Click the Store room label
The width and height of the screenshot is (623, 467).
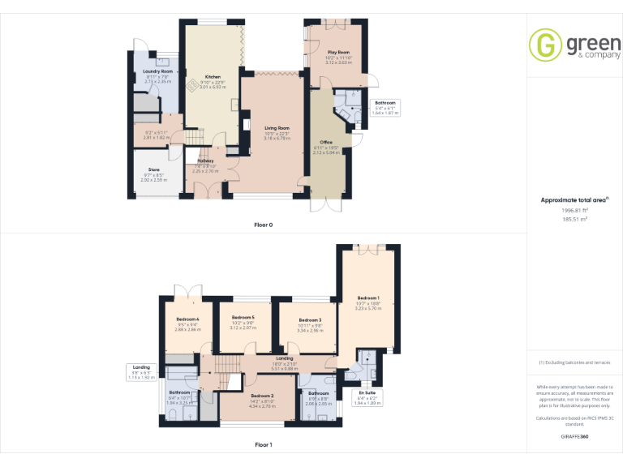click(x=154, y=169)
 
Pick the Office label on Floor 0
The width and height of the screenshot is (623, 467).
click(x=326, y=142)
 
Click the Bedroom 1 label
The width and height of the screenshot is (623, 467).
click(x=367, y=298)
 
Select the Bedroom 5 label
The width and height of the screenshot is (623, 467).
click(x=243, y=317)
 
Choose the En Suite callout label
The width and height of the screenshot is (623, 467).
click(x=367, y=392)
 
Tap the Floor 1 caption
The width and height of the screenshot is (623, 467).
click(x=263, y=445)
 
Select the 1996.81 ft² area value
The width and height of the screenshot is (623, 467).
click(x=574, y=210)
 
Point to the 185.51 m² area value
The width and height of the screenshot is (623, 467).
click(x=574, y=219)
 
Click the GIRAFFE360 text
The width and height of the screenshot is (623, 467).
click(x=574, y=436)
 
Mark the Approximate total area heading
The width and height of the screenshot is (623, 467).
click(x=574, y=199)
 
